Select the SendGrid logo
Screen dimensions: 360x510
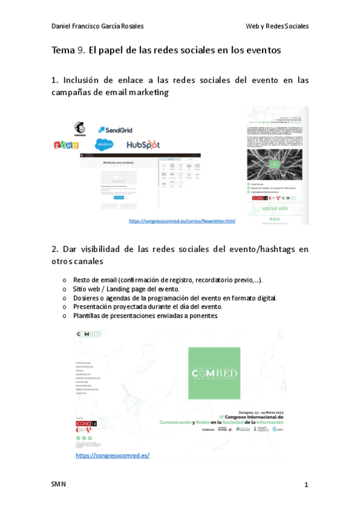point(115,130)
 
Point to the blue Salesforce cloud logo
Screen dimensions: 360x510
point(105,144)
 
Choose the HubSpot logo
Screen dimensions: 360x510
point(143,145)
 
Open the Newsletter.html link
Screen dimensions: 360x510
point(182,221)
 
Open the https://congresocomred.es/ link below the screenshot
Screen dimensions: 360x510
point(112,455)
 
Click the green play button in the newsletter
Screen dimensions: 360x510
point(276,164)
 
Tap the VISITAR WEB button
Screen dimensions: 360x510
point(276,210)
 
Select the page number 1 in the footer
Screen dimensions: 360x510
point(306,485)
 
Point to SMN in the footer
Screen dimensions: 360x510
point(58,485)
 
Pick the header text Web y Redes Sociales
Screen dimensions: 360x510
point(277,26)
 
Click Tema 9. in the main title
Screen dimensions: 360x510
point(69,51)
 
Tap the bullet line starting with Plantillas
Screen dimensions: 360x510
point(145,315)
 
